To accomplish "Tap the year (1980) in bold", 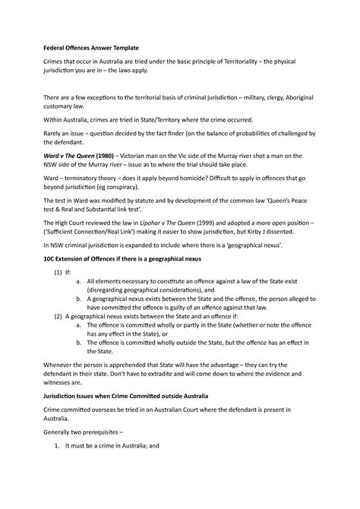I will (112, 166).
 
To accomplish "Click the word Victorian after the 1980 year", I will (150, 166).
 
